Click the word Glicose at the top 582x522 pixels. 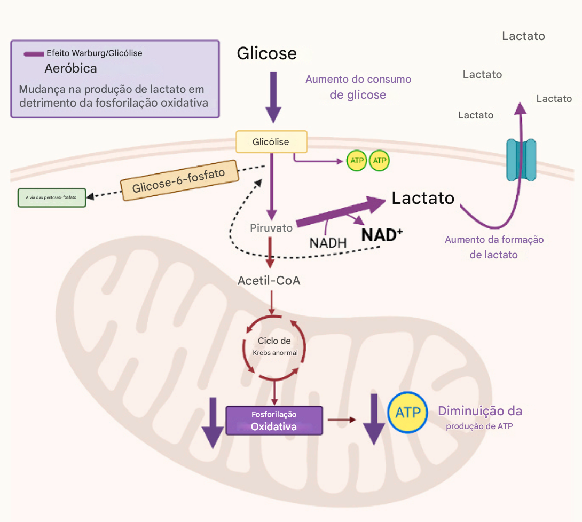pos(266,53)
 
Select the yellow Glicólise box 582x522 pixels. pos(271,142)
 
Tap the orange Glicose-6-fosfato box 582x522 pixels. pos(178,181)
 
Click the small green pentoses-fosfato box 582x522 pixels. pos(51,197)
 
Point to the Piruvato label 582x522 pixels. pos(271,228)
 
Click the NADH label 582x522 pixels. pos(328,242)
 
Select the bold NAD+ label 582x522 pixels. pos(382,235)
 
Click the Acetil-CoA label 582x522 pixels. pos(269,280)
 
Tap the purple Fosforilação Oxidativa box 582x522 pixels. pos(274,421)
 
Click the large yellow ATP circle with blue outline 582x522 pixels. pos(408,412)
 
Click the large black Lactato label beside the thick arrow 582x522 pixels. pos(423,198)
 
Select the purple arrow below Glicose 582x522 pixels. pos(273,96)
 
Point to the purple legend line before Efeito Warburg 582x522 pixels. pos(34,54)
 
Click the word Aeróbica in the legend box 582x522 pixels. pos(70,69)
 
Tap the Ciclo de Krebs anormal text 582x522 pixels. pos(274,346)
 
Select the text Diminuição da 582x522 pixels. pos(480,411)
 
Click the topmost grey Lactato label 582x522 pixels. pos(523,36)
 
